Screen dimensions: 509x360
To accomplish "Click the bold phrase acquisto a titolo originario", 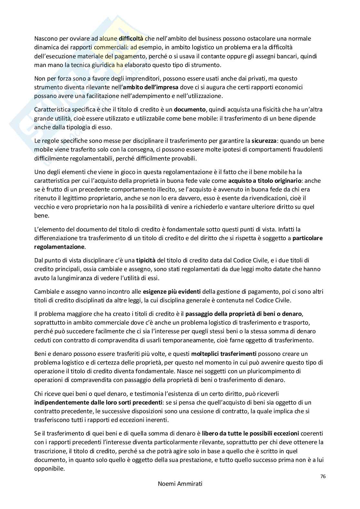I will [x=265, y=181].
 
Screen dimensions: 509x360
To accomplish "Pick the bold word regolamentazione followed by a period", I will [x=59, y=247].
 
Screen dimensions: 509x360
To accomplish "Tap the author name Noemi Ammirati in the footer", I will [x=180, y=484].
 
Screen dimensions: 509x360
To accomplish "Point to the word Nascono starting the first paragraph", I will [x=46, y=39].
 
